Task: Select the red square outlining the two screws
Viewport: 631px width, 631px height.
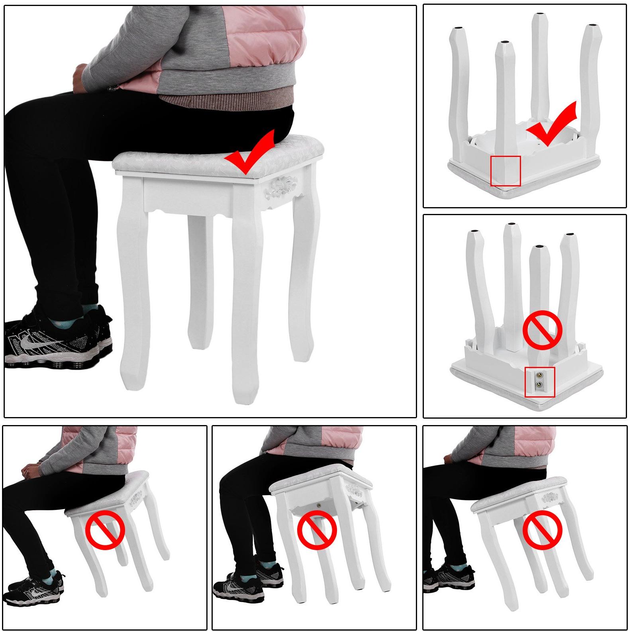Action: coord(540,382)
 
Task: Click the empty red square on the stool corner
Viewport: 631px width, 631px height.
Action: coord(506,171)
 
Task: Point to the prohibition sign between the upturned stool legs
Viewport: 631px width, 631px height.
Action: coord(542,330)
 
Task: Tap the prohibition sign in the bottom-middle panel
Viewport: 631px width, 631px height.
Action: coord(317,531)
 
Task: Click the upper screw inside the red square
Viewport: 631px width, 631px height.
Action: coord(539,375)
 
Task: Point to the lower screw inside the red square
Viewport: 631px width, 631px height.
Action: coord(539,385)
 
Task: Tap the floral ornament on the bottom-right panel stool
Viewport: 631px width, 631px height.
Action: coord(550,497)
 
